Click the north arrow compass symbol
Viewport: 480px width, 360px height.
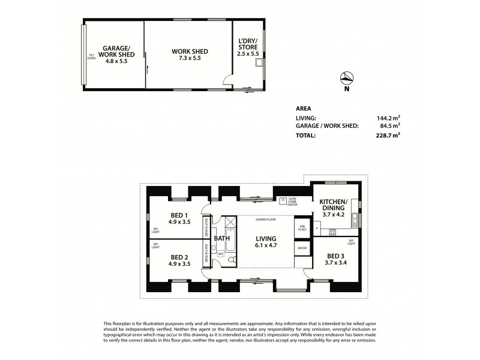[346, 78]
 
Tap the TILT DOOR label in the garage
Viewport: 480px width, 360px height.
[92, 56]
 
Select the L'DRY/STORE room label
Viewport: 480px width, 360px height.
[248, 47]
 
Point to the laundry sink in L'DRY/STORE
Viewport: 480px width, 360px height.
[259, 62]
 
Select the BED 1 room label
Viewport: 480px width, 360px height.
[179, 218]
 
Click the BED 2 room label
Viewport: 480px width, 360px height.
[179, 259]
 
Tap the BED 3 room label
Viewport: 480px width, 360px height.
[335, 259]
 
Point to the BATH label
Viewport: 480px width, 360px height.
[222, 238]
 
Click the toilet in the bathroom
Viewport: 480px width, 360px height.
[232, 260]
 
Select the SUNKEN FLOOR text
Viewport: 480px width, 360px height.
[264, 220]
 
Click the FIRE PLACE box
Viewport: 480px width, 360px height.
[302, 229]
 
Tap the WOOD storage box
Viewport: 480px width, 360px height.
[302, 247]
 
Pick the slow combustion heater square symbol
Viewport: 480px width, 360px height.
[282, 200]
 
